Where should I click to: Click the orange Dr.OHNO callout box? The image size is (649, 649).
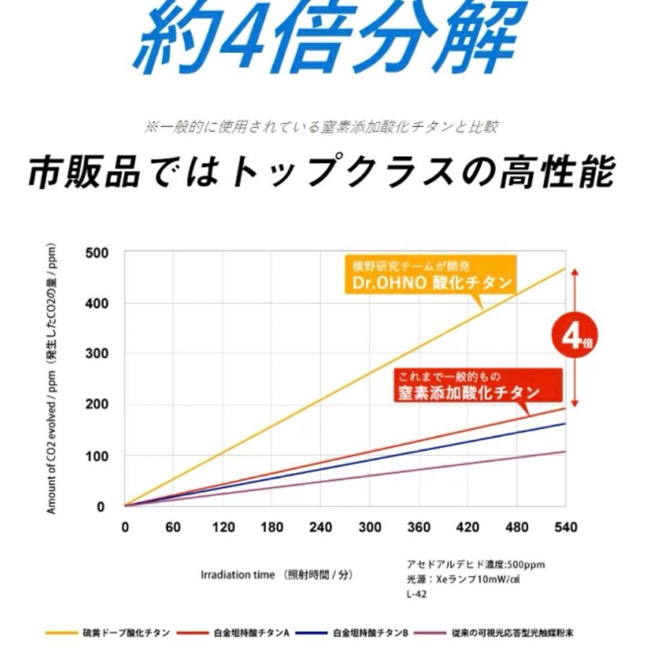pyautogui.click(x=431, y=275)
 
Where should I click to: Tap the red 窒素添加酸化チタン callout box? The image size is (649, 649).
pyautogui.click(x=479, y=385)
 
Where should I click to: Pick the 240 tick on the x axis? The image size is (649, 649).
pyautogui.click(x=320, y=528)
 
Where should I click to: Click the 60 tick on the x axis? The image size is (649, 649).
pyautogui.click(x=173, y=528)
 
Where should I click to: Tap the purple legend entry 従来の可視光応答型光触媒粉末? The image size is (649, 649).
pyautogui.click(x=511, y=633)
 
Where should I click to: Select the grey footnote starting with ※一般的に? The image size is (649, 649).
pyautogui.click(x=321, y=127)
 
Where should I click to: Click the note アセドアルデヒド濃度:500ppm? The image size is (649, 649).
pyautogui.click(x=475, y=565)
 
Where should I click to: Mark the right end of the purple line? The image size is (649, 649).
pyautogui.click(x=565, y=451)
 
